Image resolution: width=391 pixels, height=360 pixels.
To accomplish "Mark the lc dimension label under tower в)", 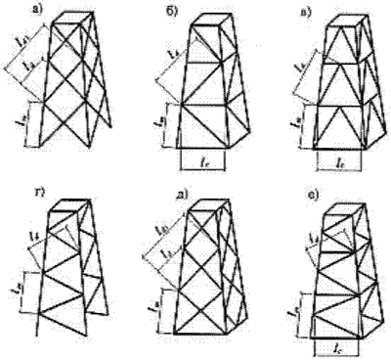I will [338, 157].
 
